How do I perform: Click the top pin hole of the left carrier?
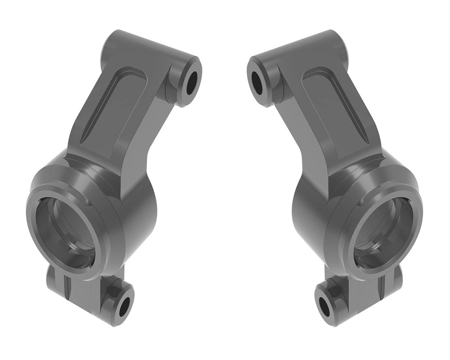191,81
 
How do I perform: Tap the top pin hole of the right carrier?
258,81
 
